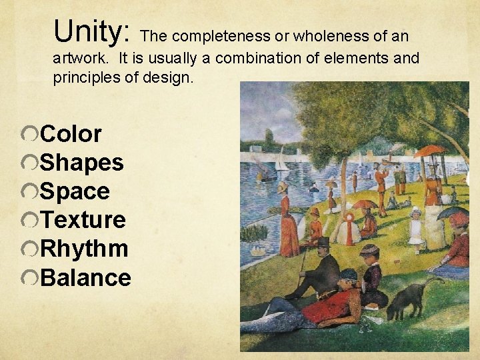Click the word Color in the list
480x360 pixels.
tap(71, 134)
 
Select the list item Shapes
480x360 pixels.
tap(82, 163)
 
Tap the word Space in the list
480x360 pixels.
tap(75, 191)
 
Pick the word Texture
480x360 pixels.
tap(83, 220)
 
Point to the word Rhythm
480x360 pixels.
tap(85, 249)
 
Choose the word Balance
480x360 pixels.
tap(86, 277)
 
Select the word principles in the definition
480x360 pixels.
tap(82, 77)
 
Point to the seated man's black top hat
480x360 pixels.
tap(323, 242)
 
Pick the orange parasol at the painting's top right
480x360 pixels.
tap(430, 151)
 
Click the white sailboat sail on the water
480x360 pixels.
tap(282, 160)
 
